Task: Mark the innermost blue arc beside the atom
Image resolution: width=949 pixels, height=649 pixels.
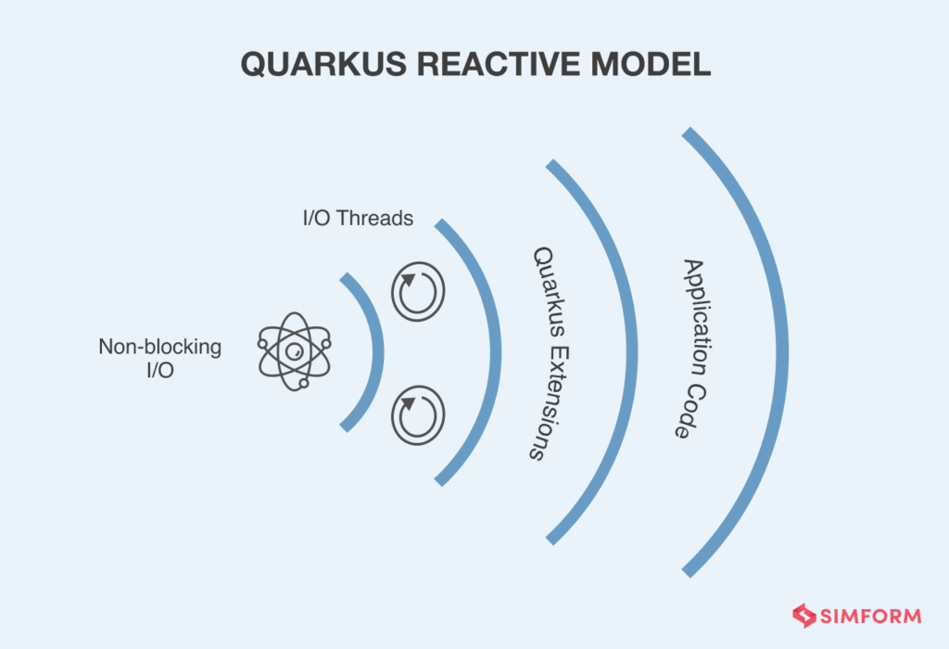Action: click(374, 352)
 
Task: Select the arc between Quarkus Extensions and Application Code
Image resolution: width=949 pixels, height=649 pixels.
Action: click(632, 352)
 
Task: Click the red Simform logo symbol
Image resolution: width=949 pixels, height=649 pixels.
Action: click(803, 616)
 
